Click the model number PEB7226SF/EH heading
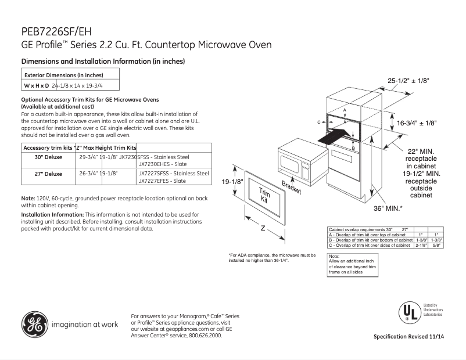(56, 32)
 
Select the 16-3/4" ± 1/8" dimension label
(417, 123)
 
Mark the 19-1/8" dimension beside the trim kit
(232, 182)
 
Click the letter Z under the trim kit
(263, 228)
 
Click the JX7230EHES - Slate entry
(162, 164)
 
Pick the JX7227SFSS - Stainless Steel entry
(173, 173)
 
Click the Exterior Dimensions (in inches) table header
(63, 75)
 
